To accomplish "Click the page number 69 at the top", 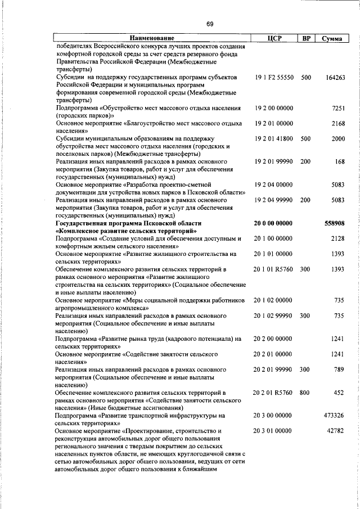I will [x=209, y=24].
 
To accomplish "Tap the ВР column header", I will [x=306, y=39].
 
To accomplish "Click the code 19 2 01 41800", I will [x=273, y=138].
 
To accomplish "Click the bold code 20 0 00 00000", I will [x=273, y=223].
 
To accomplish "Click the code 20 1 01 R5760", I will [x=273, y=269].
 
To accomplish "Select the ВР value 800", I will [x=305, y=393].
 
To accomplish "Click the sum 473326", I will [x=335, y=416].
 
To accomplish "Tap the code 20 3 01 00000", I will [x=273, y=431].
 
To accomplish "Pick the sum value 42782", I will [x=336, y=431].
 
